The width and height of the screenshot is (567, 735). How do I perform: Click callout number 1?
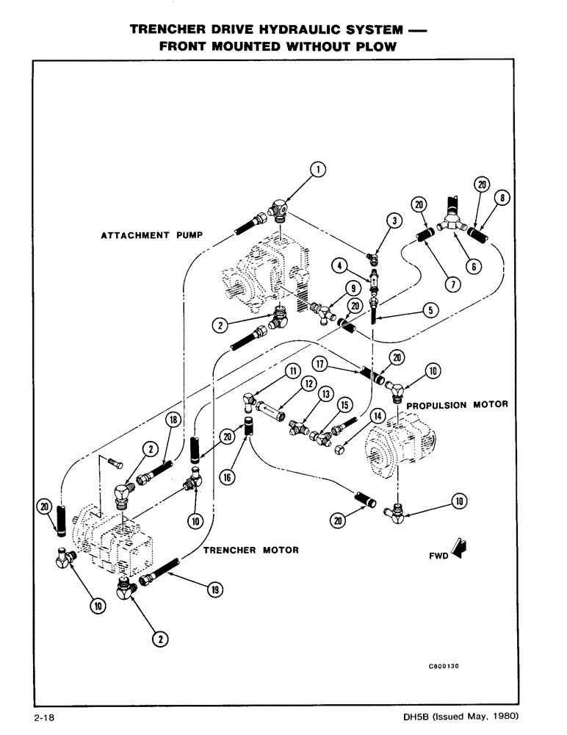pos(317,171)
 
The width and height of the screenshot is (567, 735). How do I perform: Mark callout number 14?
pos(378,416)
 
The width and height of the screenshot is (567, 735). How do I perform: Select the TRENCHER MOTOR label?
pos(250,550)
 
